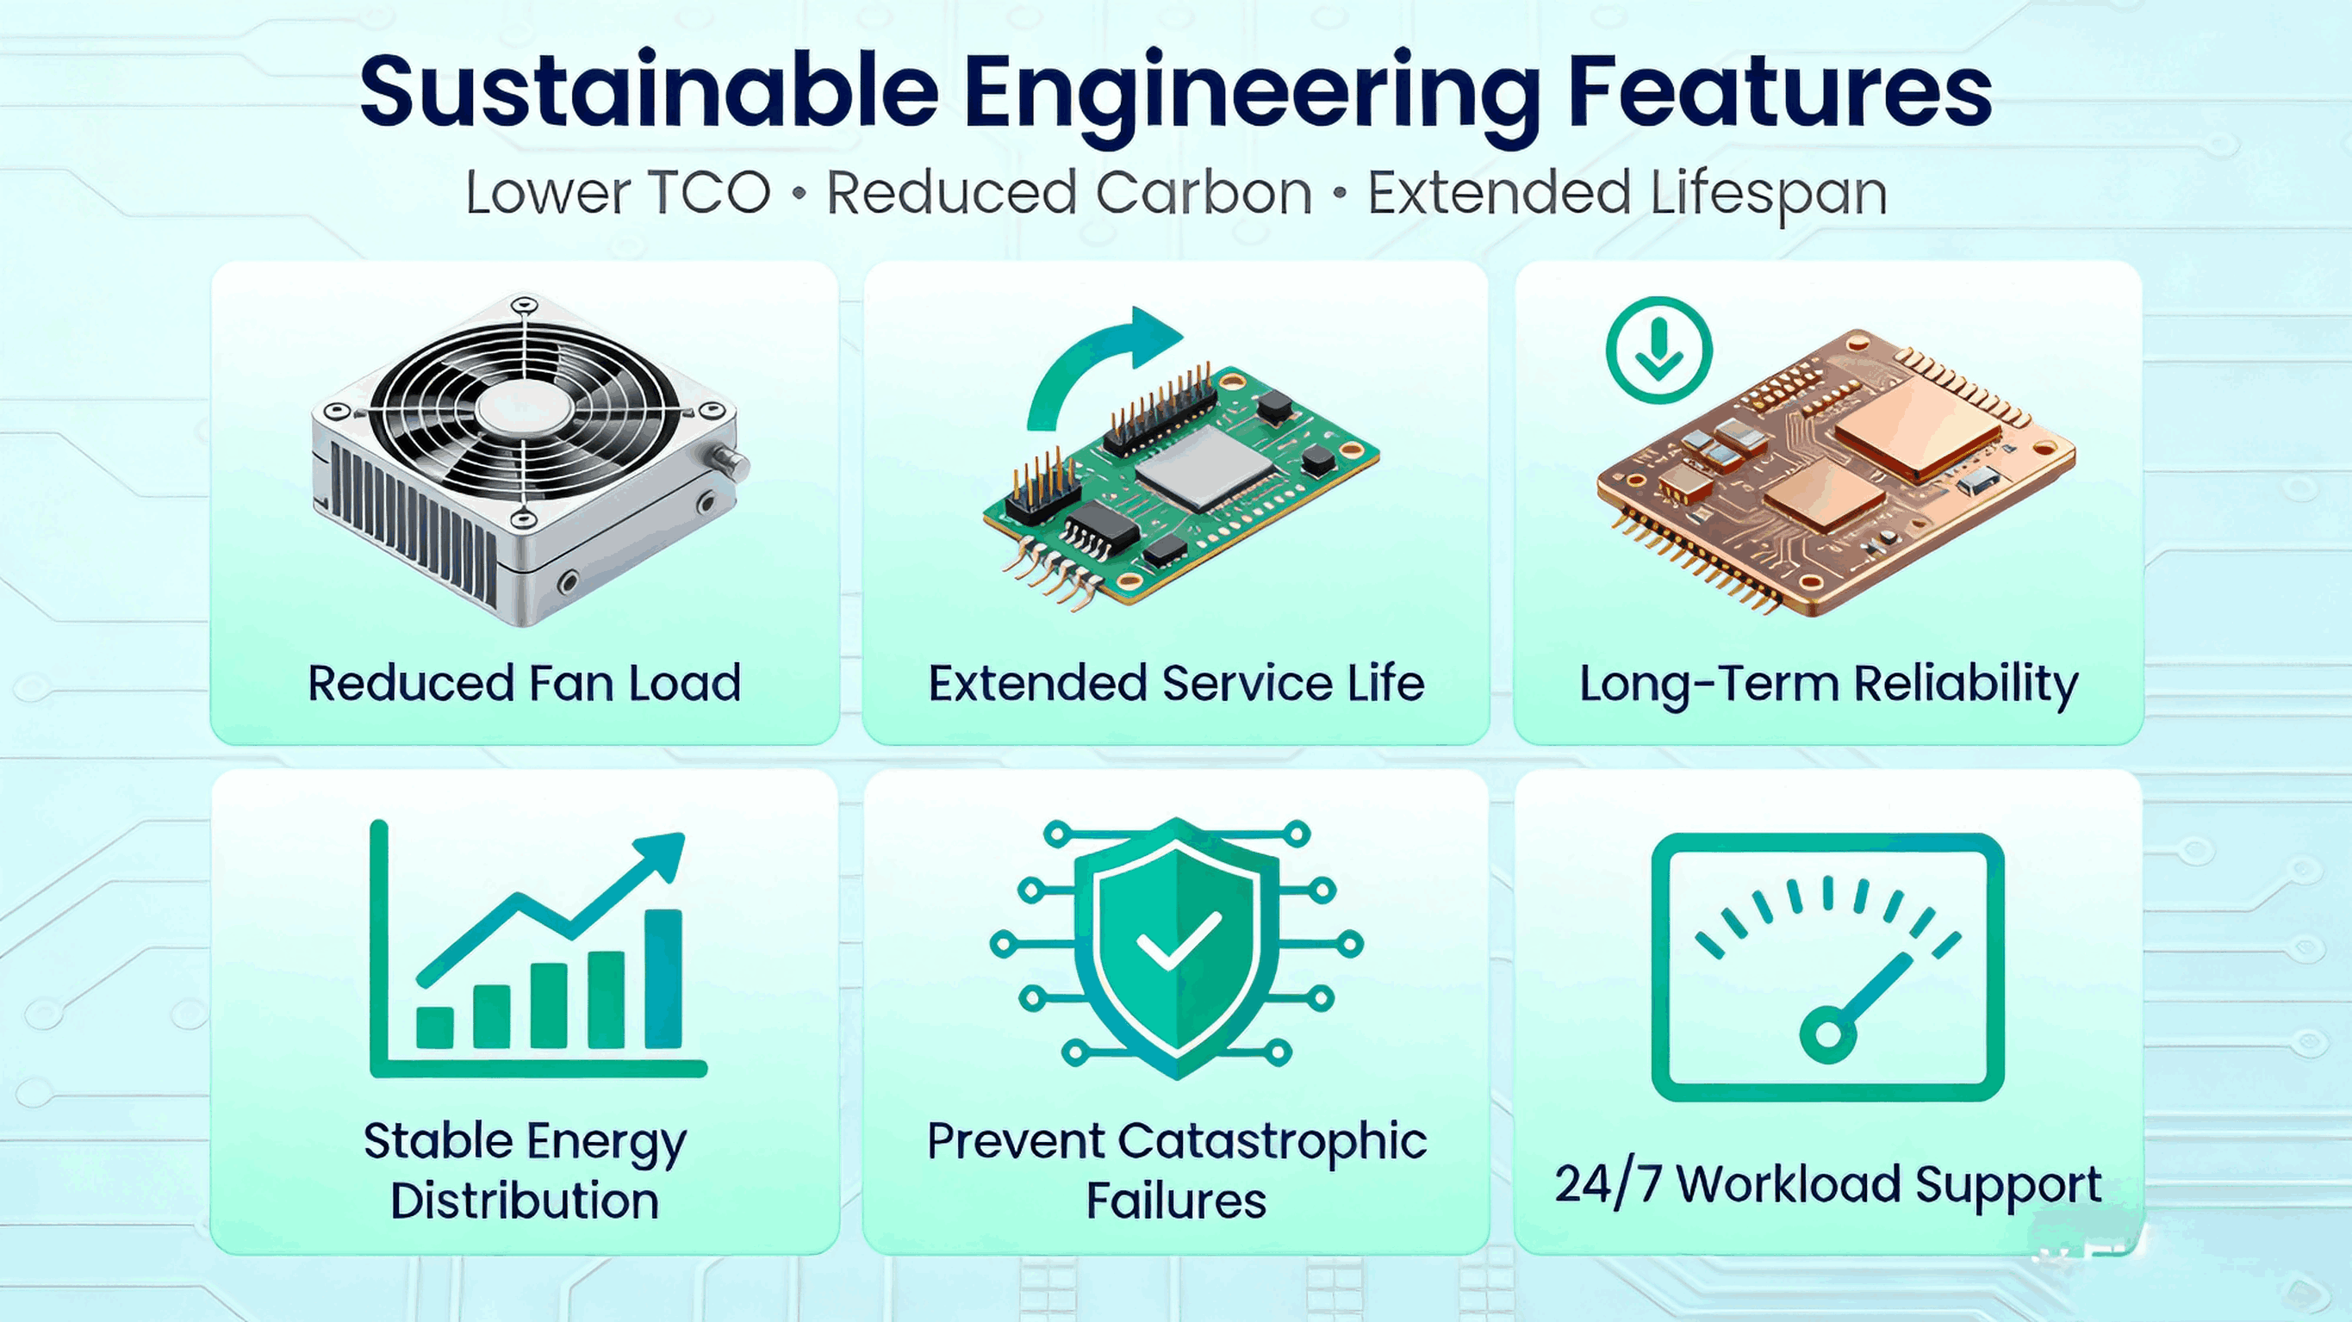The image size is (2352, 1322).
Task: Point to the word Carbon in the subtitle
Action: coord(1204,194)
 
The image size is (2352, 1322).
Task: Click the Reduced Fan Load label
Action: coord(524,683)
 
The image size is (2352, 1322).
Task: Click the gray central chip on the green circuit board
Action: coord(1205,468)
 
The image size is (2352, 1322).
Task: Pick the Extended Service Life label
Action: coord(1176,683)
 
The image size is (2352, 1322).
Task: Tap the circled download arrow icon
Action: coord(1658,351)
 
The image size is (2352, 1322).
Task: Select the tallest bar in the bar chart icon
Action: coord(663,978)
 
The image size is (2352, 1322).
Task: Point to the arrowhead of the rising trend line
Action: coord(665,853)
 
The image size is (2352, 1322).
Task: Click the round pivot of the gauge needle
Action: coord(1828,1035)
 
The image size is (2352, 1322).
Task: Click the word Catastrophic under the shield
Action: coord(1272,1141)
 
